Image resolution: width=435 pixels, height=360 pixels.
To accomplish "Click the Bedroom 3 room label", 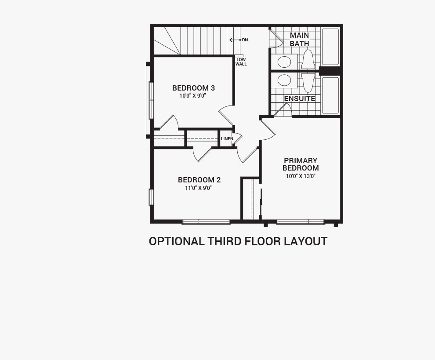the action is pyautogui.click(x=193, y=88).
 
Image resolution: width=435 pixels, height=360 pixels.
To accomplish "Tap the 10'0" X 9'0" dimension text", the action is pyautogui.click(x=193, y=96).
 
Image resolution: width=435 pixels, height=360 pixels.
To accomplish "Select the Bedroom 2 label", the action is pyautogui.click(x=199, y=180).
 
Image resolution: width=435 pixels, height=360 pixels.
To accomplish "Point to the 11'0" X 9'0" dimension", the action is pyautogui.click(x=198, y=188).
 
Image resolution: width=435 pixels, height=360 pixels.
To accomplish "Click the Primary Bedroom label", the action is pyautogui.click(x=301, y=164).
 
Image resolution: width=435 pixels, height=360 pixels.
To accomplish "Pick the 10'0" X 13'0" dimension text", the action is pyautogui.click(x=301, y=176).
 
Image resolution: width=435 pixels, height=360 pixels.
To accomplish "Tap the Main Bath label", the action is pyautogui.click(x=299, y=40).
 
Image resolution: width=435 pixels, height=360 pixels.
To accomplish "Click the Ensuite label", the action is pyautogui.click(x=300, y=98).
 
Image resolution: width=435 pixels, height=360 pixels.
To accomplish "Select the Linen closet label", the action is pyautogui.click(x=227, y=139).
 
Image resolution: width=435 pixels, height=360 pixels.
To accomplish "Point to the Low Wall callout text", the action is pyautogui.click(x=241, y=62).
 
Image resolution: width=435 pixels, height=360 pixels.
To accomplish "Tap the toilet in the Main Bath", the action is pyautogui.click(x=308, y=59).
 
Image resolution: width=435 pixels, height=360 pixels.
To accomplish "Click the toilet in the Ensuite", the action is pyautogui.click(x=308, y=83).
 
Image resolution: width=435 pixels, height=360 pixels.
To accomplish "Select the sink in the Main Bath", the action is pyautogui.click(x=284, y=62).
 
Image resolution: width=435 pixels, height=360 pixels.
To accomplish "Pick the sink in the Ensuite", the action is pyautogui.click(x=284, y=80).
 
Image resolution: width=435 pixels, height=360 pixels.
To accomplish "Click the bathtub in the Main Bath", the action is pyautogui.click(x=330, y=47).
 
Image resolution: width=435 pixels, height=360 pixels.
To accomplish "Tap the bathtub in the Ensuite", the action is pyautogui.click(x=330, y=95).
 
